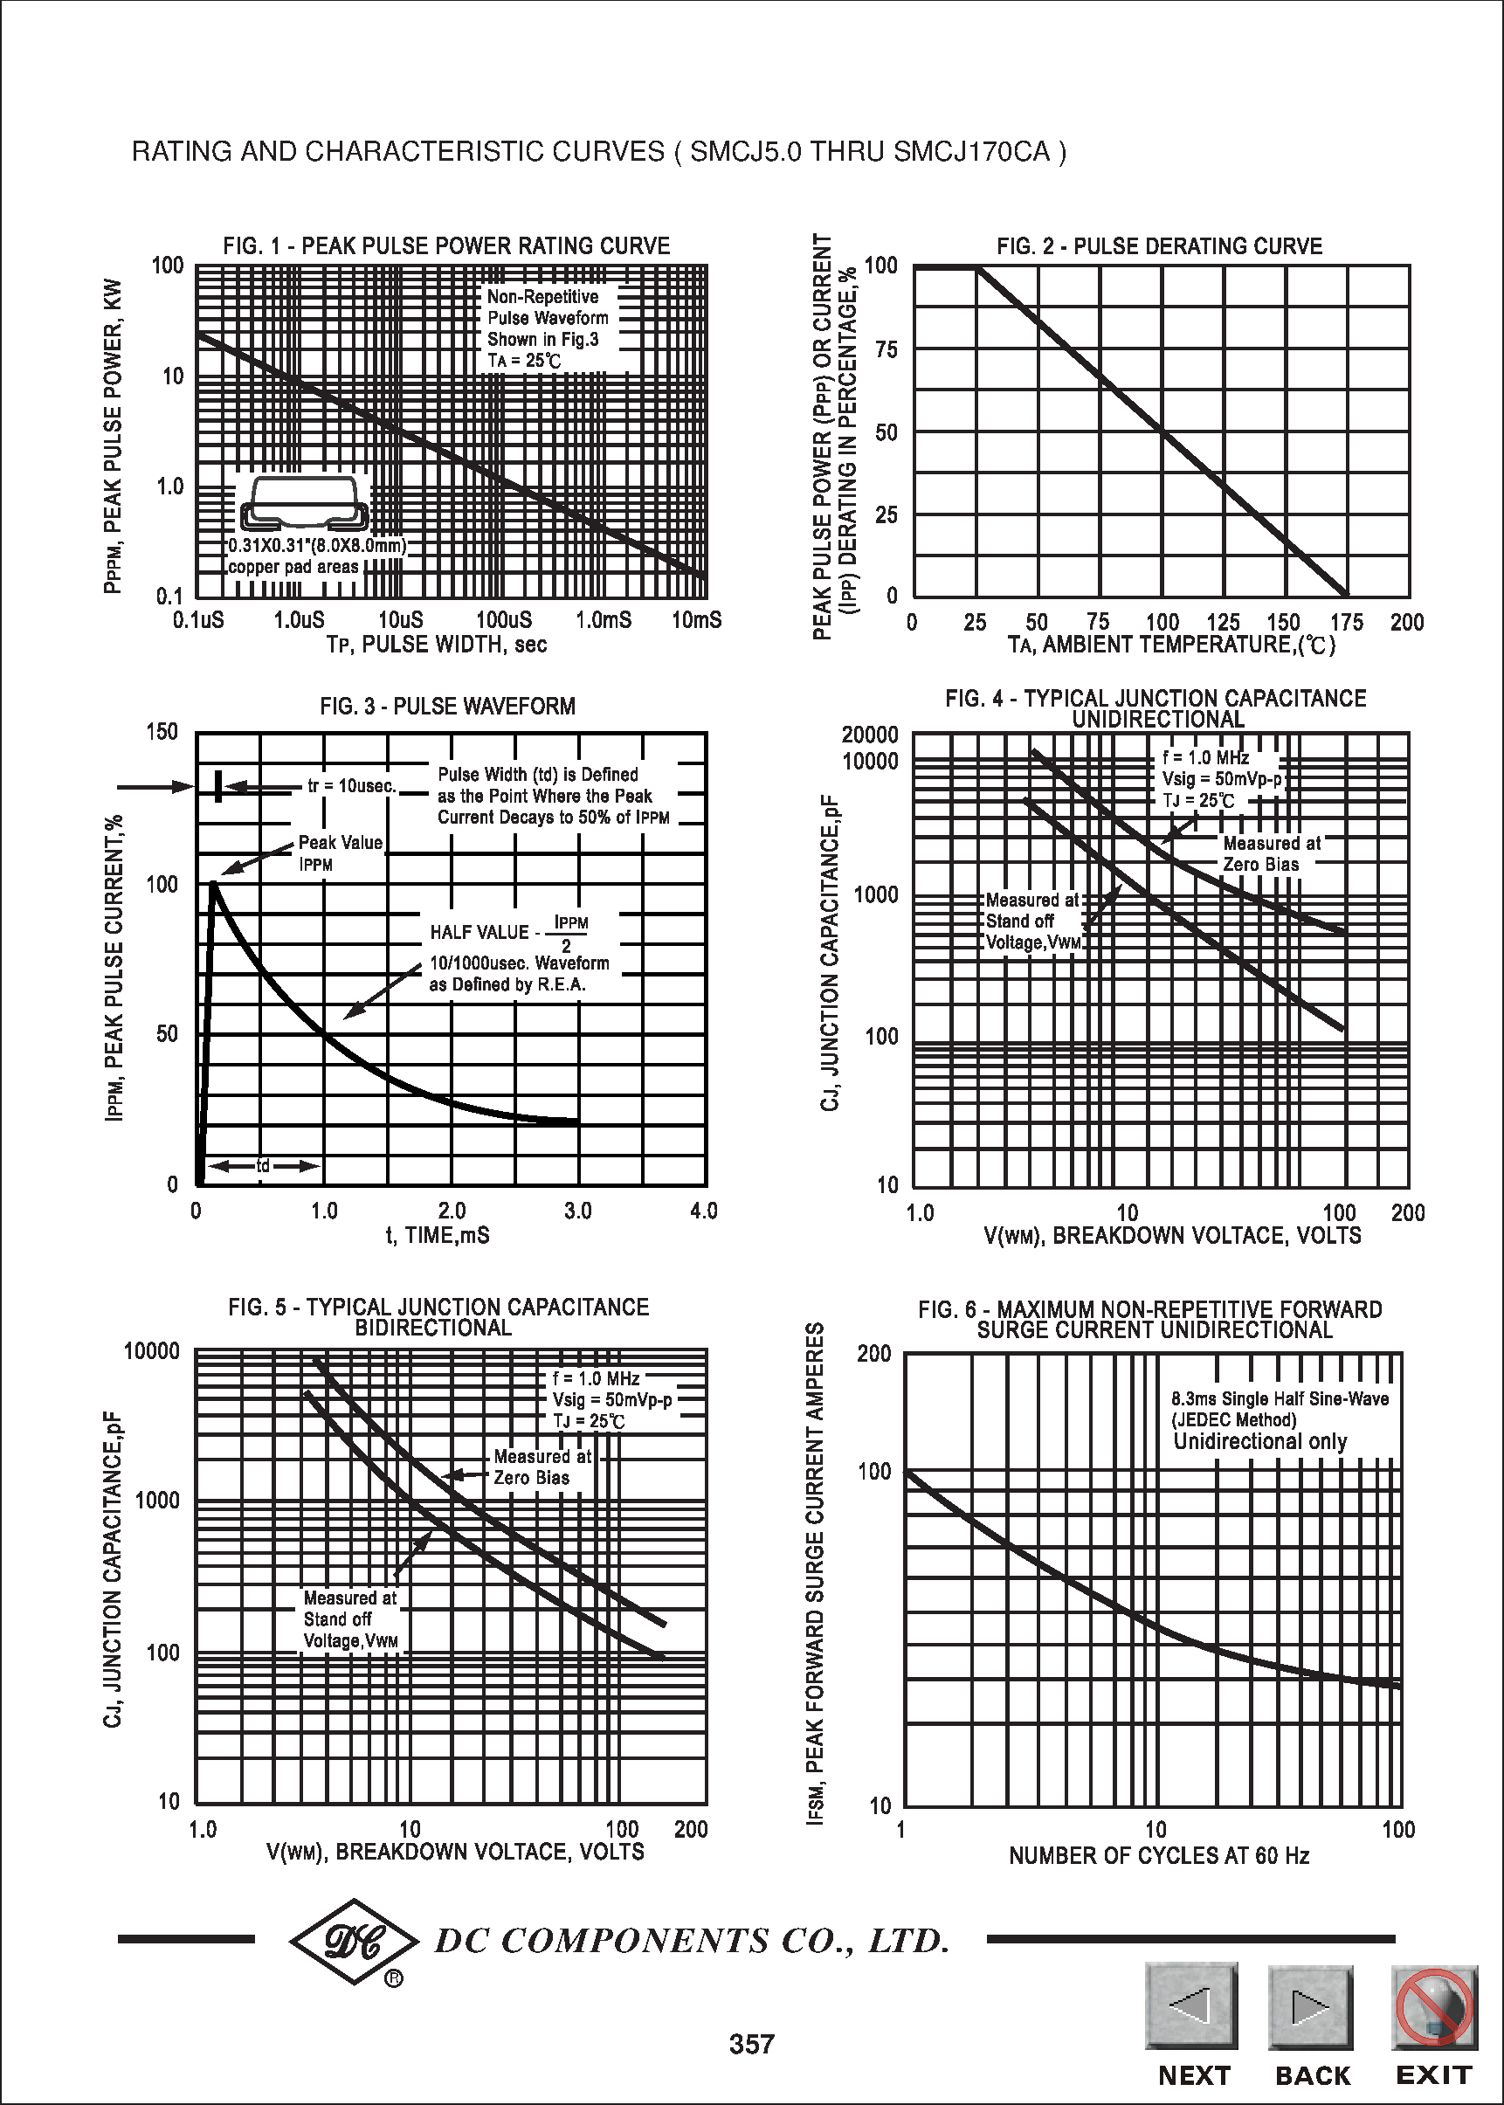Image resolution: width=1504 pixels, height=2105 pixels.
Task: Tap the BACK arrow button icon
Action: [x=1309, y=2007]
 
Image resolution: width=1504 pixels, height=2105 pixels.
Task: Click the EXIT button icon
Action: [x=1433, y=2007]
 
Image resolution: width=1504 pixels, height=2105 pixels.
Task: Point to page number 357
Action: [x=751, y=2044]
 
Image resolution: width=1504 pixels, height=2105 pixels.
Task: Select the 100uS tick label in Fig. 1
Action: [x=504, y=620]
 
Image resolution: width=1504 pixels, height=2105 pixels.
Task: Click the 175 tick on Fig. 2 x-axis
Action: [x=1346, y=623]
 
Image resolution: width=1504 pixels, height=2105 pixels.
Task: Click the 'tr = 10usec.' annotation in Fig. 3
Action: [x=351, y=786]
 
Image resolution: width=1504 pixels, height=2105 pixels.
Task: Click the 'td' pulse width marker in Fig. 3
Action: [x=263, y=1166]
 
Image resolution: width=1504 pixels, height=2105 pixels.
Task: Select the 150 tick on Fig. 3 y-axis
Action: [x=162, y=732]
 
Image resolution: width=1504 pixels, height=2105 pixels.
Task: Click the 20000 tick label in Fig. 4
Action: [x=869, y=735]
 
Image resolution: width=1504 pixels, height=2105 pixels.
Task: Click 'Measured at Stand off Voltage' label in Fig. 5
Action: [x=350, y=1618]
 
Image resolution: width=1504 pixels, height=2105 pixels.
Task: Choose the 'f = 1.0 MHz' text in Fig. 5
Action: [x=596, y=1378]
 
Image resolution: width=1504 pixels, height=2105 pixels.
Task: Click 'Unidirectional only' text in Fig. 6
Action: [x=1259, y=1441]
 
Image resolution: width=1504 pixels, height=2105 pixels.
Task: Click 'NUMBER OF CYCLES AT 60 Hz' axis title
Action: [x=1158, y=1855]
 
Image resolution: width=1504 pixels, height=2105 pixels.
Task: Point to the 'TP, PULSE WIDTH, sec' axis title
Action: [x=436, y=645]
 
